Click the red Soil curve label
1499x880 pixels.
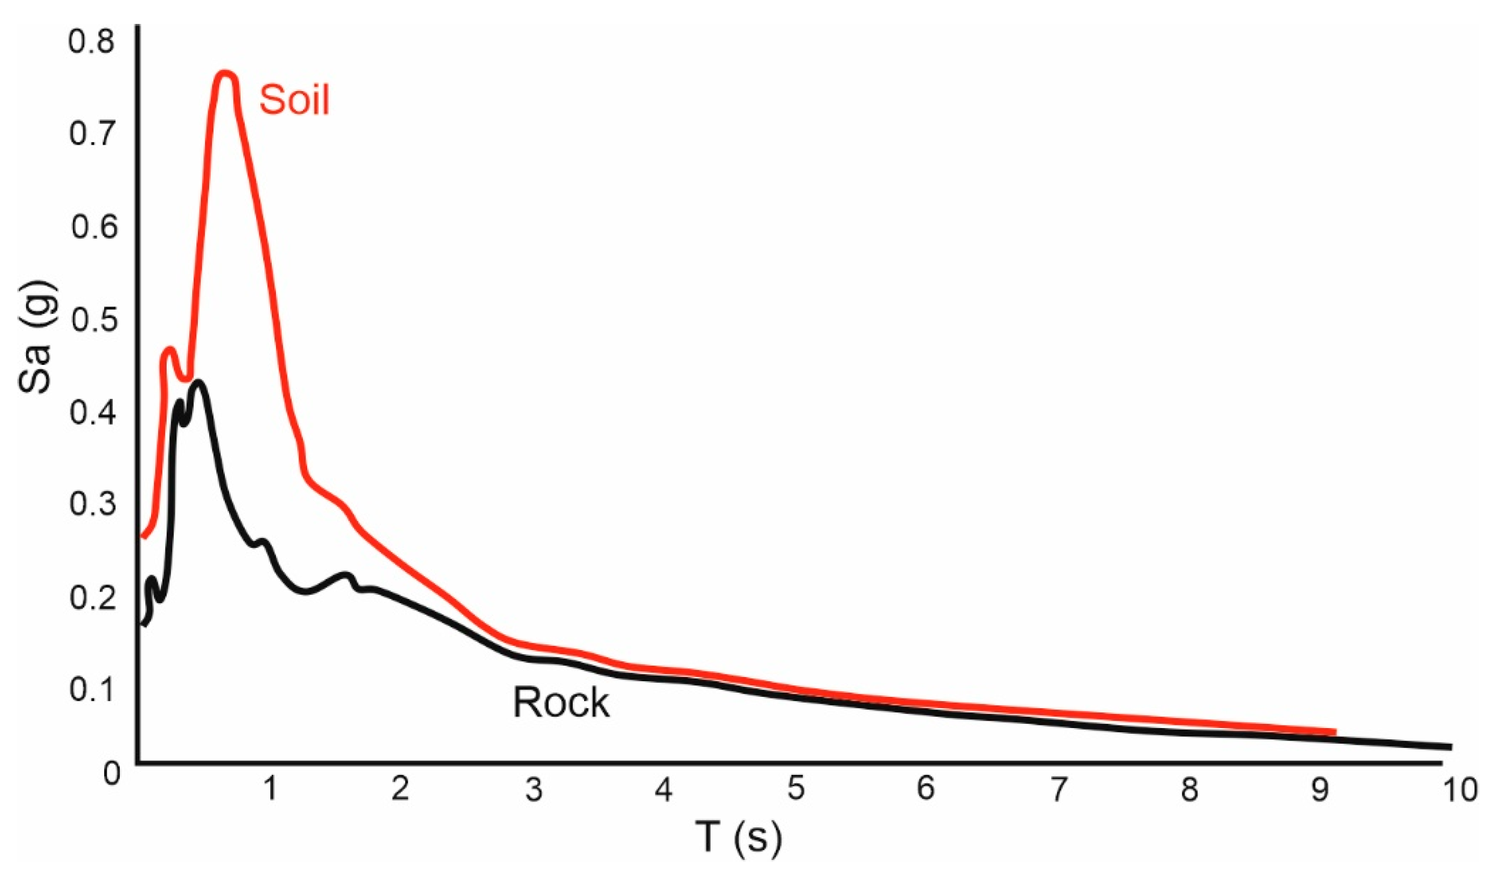tap(294, 100)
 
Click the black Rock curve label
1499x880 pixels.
tap(561, 703)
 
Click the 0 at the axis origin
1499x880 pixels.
tap(112, 773)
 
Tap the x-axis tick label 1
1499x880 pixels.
tap(270, 789)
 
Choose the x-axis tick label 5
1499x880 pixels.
tap(796, 789)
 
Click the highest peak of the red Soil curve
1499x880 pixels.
tap(225, 74)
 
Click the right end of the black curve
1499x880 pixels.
tap(1450, 747)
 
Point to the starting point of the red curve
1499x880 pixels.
tap(142, 537)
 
